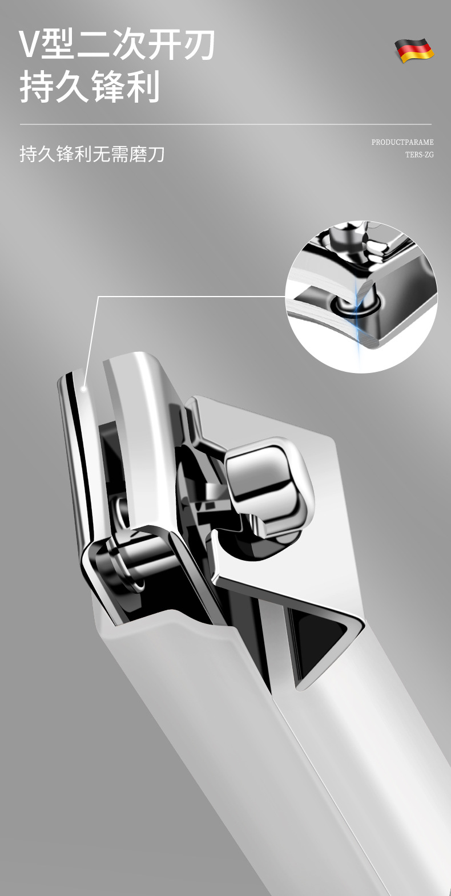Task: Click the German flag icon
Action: pyautogui.click(x=414, y=50)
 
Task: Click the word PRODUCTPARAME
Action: pyautogui.click(x=402, y=142)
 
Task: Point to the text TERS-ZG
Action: pyautogui.click(x=420, y=155)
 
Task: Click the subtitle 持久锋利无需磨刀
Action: pyautogui.click(x=92, y=154)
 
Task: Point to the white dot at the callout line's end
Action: pyautogui.click(x=84, y=388)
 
